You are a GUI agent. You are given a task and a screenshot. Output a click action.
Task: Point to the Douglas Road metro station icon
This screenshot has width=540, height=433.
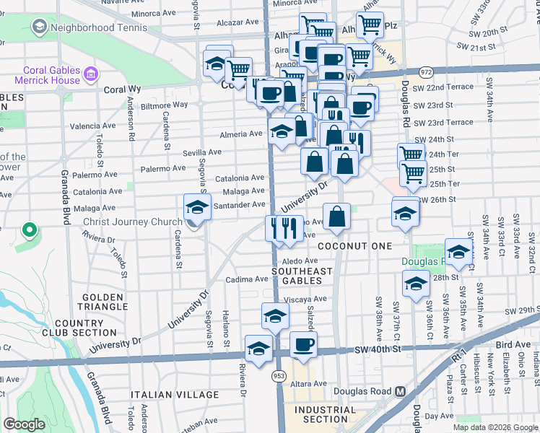point(401,392)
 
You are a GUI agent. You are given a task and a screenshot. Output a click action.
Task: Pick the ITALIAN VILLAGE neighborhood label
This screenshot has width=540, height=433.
point(175,395)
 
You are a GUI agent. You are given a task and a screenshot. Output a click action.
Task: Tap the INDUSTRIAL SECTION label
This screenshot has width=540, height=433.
point(325,414)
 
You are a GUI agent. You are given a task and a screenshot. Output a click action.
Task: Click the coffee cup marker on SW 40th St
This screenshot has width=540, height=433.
point(303,344)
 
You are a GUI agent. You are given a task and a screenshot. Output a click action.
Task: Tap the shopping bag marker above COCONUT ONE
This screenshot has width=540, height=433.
point(337,215)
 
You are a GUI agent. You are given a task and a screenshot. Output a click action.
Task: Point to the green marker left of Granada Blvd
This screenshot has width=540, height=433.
point(29,230)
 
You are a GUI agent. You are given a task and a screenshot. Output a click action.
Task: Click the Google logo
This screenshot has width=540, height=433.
point(24,424)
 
